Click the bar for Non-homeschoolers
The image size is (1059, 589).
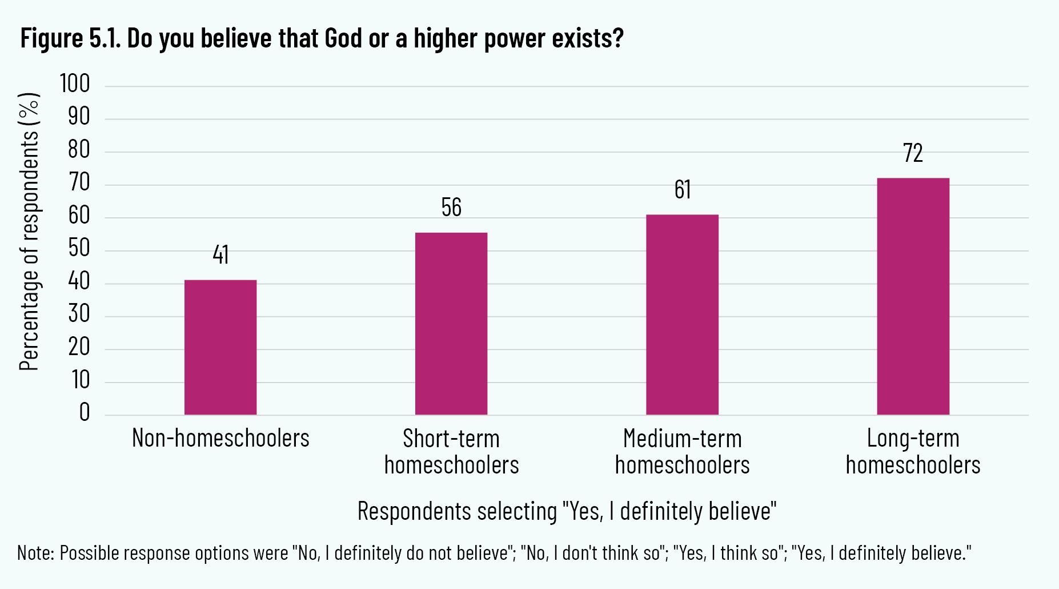220,347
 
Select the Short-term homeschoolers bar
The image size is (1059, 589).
451,324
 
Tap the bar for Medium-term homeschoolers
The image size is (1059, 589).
682,315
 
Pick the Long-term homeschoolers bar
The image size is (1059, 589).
913,296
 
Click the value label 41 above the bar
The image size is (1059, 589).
220,255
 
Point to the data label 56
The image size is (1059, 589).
451,208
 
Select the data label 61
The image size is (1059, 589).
682,190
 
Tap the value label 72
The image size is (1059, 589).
913,153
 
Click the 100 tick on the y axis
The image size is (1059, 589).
75,84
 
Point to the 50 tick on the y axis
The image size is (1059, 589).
79,249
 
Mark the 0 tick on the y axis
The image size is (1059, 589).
85,412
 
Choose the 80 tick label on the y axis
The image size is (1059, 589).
79,150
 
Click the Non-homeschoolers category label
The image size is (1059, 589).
220,439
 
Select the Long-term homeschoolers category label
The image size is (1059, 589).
913,452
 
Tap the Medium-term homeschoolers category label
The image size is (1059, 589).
682,452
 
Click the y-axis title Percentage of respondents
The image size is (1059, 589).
29,232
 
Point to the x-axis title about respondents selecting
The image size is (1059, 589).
567,511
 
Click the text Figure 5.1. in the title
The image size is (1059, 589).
70,39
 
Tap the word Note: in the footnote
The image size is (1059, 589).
36,553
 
